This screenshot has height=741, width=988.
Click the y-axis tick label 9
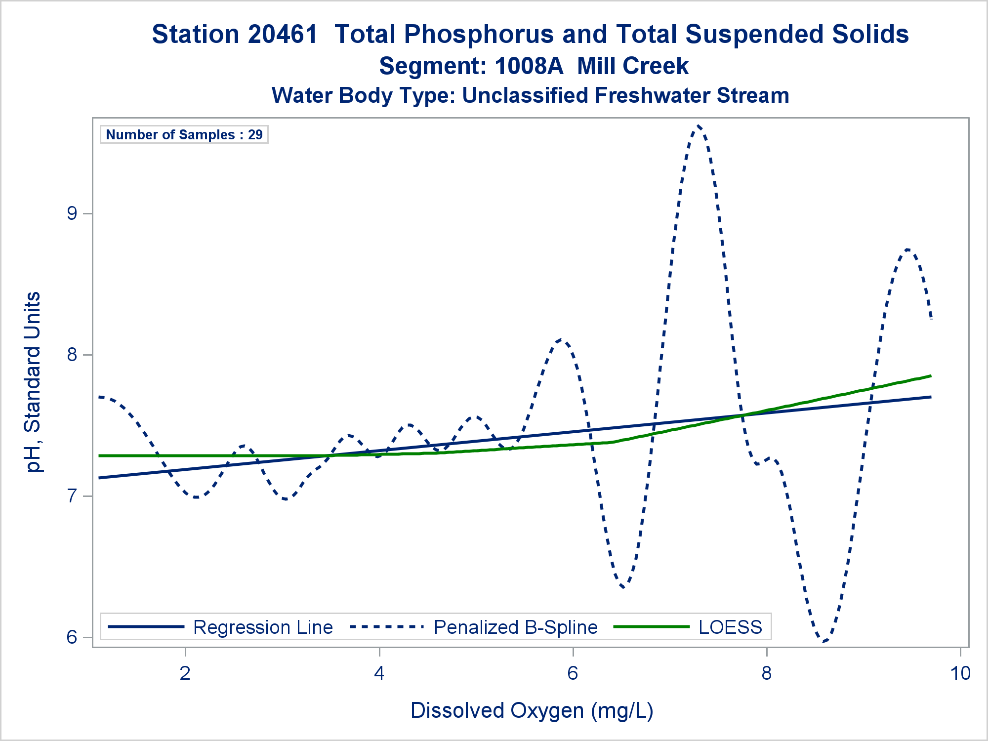click(x=72, y=213)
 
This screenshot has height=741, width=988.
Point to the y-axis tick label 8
click(x=72, y=355)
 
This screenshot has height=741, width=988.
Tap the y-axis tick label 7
click(x=72, y=496)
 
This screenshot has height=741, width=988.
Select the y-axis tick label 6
click(x=72, y=637)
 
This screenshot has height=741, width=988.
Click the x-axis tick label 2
click(x=185, y=673)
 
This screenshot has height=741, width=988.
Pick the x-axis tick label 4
click(x=379, y=673)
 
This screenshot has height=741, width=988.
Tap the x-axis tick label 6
click(x=573, y=673)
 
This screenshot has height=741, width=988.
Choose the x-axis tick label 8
click(x=766, y=673)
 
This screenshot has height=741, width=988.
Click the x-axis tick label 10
click(x=960, y=673)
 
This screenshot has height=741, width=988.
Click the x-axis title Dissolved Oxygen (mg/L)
click(x=532, y=710)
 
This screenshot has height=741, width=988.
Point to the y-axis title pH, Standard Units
click(x=33, y=382)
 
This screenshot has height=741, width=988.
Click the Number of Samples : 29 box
click(x=184, y=134)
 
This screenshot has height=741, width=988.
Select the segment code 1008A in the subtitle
click(x=529, y=66)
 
